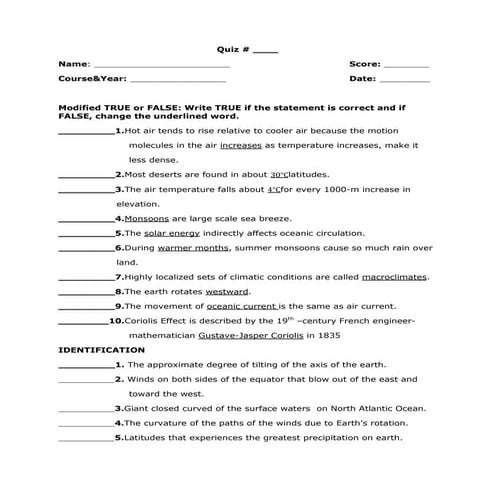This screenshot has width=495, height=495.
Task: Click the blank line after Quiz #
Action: coord(267,50)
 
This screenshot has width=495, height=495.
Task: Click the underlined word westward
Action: coord(227,291)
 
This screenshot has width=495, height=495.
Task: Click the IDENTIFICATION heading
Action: coord(101,351)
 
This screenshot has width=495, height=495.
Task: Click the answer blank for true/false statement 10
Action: coord(82,322)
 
